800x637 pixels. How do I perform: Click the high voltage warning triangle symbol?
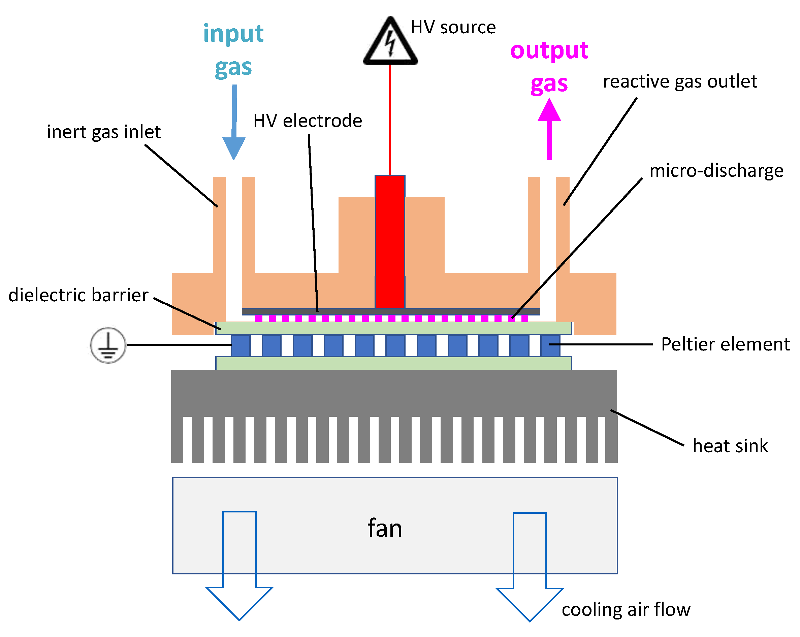(x=390, y=43)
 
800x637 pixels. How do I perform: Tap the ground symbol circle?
(x=108, y=345)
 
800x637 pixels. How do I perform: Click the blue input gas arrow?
(x=234, y=122)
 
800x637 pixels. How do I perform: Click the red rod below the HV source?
(x=390, y=241)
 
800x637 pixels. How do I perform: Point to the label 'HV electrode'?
(x=308, y=121)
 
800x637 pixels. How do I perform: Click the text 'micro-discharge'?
(x=716, y=171)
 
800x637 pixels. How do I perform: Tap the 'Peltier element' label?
(x=726, y=344)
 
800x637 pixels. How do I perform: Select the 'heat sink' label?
(x=730, y=446)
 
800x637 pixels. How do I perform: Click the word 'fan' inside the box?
(x=385, y=528)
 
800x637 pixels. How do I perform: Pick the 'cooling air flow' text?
(x=626, y=610)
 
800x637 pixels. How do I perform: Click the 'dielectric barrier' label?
(x=78, y=296)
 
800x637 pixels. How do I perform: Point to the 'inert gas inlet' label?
(x=103, y=132)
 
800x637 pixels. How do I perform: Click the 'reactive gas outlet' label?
(x=680, y=81)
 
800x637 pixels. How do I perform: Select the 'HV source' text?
(x=453, y=27)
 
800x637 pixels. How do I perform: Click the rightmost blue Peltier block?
(x=550, y=345)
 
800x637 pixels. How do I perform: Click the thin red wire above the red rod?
(x=390, y=119)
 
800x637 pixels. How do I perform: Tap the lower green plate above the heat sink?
(x=393, y=363)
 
